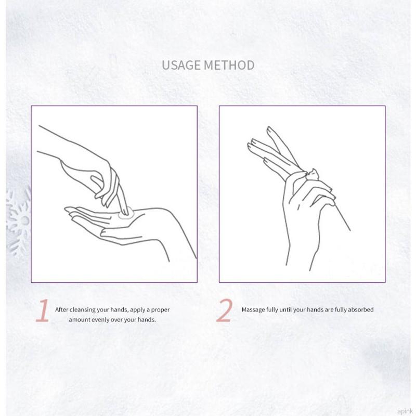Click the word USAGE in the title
181,66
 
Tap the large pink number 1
43,310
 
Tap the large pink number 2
225,310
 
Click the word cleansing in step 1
83,309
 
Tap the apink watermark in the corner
405,411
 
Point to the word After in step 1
62,309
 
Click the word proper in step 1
160,310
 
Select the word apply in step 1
138,310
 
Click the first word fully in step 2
272,309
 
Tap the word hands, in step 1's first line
120,309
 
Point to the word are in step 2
329,309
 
